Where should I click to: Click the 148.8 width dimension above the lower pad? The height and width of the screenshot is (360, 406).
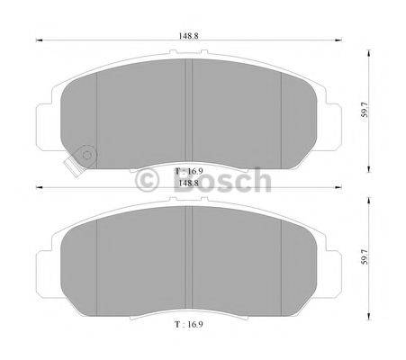click(x=188, y=184)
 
